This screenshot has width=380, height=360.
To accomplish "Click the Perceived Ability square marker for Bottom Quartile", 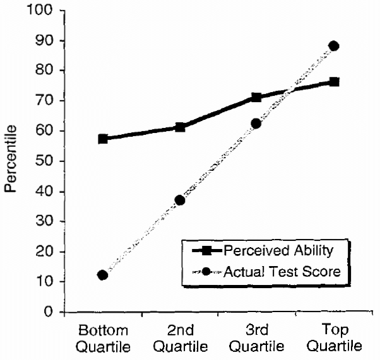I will click(x=103, y=139).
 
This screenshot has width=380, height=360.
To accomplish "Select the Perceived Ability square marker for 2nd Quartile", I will click(x=180, y=127).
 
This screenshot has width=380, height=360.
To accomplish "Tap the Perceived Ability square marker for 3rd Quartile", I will click(x=256, y=97).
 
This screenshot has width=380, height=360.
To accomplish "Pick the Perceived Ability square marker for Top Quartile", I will click(x=334, y=82).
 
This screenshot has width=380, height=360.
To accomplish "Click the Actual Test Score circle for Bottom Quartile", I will click(x=103, y=276).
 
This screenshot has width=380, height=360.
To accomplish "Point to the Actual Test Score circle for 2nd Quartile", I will click(x=180, y=200).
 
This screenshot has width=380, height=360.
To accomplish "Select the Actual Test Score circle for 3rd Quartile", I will click(x=256, y=124).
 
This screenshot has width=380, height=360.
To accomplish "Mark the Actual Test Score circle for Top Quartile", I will click(x=334, y=46).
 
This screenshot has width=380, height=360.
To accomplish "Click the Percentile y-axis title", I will click(x=11, y=161).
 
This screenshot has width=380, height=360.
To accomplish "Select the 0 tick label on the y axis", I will click(x=47, y=312).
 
